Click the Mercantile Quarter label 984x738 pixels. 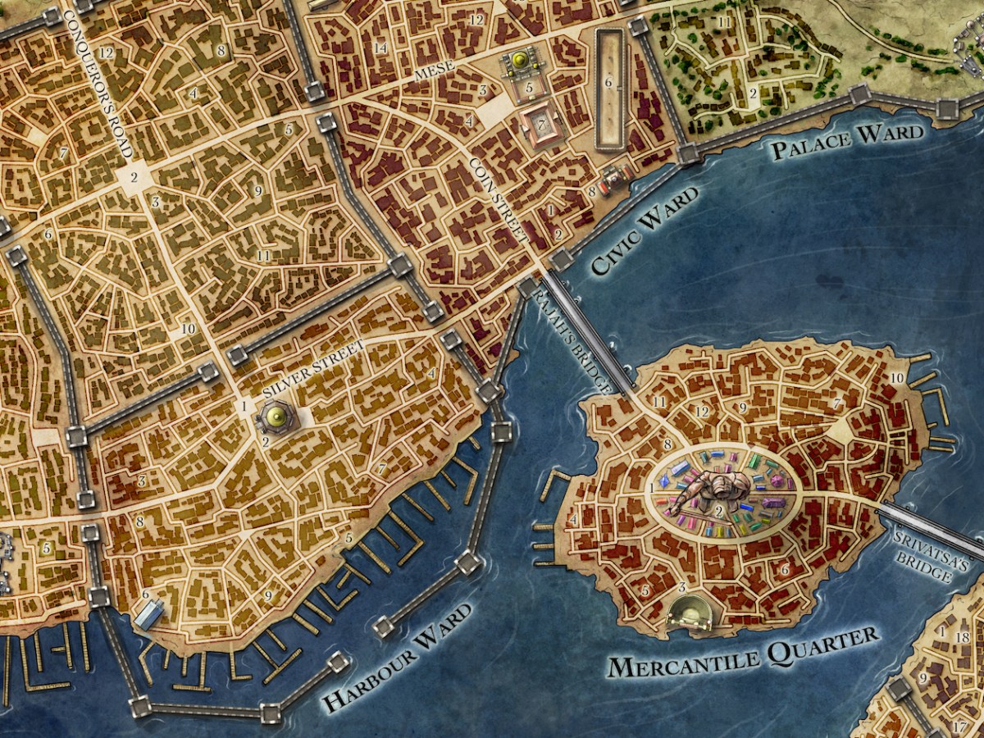click(742, 652)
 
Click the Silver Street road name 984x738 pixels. click(313, 370)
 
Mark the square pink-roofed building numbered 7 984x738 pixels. click(541, 125)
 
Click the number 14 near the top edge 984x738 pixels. click(380, 48)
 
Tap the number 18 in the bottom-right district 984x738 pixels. click(963, 637)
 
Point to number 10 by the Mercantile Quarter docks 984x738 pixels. click(896, 377)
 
